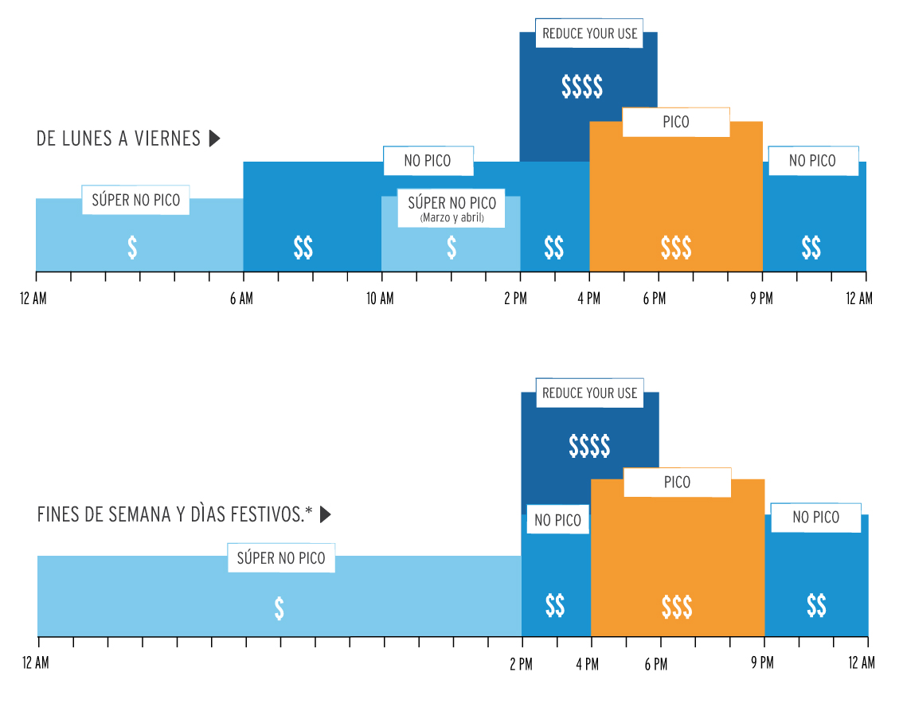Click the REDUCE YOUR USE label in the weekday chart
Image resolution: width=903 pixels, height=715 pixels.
click(589, 33)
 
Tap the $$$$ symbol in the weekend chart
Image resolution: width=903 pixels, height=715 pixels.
click(589, 447)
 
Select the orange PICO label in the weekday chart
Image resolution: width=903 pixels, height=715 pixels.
click(675, 122)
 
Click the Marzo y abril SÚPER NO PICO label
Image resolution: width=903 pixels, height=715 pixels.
click(451, 209)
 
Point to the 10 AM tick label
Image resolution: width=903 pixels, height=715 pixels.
click(380, 299)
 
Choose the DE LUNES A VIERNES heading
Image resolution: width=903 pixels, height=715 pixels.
click(119, 139)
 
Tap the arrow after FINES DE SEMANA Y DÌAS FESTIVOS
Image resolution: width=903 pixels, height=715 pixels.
click(325, 515)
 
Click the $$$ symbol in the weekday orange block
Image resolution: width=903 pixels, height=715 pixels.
click(676, 248)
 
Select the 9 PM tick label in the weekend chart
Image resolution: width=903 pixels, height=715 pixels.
click(762, 662)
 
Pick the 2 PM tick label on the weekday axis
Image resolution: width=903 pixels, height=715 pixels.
click(515, 299)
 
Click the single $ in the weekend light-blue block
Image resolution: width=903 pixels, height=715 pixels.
click(279, 608)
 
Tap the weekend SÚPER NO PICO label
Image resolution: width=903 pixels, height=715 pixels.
click(281, 558)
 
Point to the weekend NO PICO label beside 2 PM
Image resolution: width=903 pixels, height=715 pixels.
click(557, 521)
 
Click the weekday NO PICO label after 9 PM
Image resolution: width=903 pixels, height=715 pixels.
click(812, 161)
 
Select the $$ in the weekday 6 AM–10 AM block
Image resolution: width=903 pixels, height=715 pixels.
click(303, 248)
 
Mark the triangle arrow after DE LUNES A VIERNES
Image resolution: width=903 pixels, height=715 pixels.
click(214, 139)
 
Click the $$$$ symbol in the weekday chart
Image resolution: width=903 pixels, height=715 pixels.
click(582, 86)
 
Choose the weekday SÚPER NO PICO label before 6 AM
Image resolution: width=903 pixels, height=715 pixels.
click(135, 200)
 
